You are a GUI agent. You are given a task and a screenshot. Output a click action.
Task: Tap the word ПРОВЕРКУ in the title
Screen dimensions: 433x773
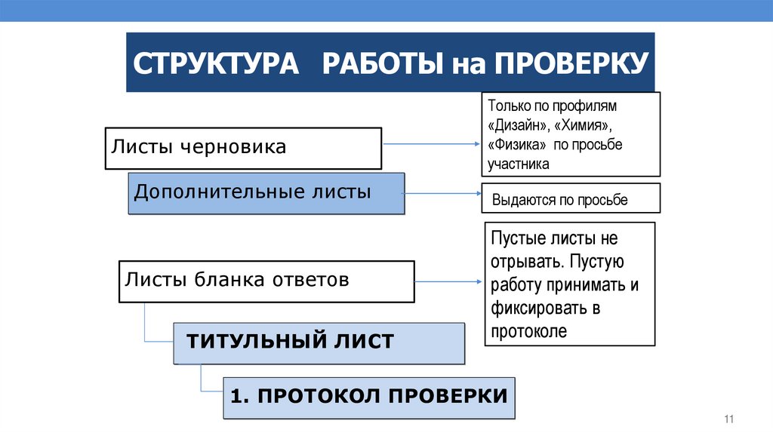click(571, 63)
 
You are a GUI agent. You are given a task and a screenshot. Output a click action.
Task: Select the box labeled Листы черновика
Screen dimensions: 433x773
click(242, 148)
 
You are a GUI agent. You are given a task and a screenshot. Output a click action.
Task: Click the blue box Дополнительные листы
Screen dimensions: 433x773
click(266, 193)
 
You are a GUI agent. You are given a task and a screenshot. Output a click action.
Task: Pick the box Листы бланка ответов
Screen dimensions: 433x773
click(266, 281)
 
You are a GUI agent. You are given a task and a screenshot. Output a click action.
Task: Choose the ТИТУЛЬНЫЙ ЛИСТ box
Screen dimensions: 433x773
click(319, 342)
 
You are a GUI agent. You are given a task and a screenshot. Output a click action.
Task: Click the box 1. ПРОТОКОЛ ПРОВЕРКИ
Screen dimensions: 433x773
click(369, 397)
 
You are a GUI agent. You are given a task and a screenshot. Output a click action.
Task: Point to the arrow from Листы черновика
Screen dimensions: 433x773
click(431, 143)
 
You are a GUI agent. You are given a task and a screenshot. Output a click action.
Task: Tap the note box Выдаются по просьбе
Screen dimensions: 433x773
click(571, 200)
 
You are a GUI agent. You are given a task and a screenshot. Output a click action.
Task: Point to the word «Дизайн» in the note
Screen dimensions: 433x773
click(519, 124)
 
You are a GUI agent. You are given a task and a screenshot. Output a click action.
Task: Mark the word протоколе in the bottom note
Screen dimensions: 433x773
click(528, 330)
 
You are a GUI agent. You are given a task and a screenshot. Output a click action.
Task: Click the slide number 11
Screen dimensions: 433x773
click(728, 419)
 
